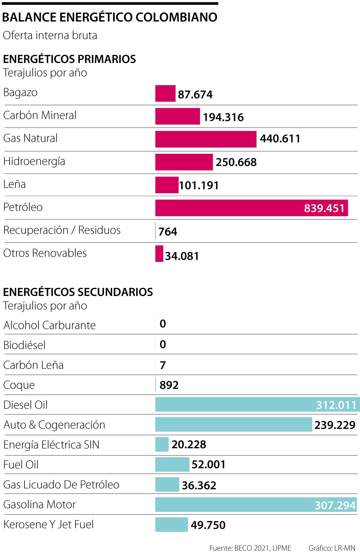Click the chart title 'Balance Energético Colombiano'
pos(109,17)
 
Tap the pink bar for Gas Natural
pos(206,139)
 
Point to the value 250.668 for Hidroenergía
pos(236,162)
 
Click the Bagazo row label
pos(20,92)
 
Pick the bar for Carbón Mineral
pos(178,116)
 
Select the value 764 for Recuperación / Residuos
pos(168,231)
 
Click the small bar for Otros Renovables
pos(159,254)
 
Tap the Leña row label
pos(14,184)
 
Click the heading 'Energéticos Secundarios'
pos(78,292)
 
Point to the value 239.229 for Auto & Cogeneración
pos(335,425)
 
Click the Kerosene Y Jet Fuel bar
pos(172,525)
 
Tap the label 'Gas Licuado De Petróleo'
pos(61,485)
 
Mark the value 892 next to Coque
pos(169,385)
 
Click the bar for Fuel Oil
pos(172,464)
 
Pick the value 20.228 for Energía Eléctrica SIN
pos(189,444)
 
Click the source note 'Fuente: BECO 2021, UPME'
pos(250,548)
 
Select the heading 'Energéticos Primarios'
pos(69,59)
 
